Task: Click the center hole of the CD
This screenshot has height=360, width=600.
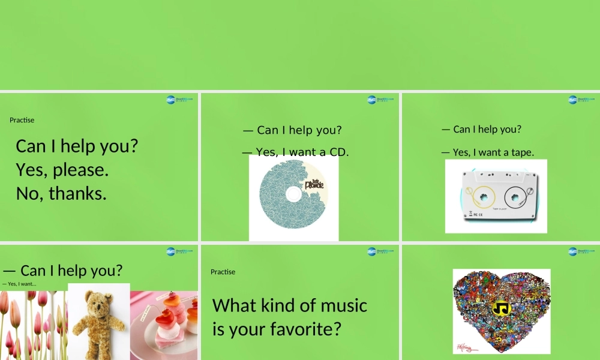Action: click(x=293, y=193)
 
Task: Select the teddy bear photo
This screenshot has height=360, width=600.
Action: click(x=98, y=322)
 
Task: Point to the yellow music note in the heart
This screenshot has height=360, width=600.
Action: click(x=500, y=308)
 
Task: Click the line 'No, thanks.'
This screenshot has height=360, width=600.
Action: click(x=61, y=193)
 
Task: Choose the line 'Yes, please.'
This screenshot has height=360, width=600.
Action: click(x=62, y=170)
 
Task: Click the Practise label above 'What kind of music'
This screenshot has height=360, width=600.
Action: click(x=223, y=272)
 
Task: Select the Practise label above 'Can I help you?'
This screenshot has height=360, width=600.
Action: click(x=22, y=120)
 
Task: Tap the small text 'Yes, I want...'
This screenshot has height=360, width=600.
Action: click(x=19, y=284)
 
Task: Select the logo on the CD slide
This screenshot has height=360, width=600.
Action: click(x=380, y=99)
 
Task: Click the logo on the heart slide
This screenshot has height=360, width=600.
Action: click(x=581, y=251)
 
